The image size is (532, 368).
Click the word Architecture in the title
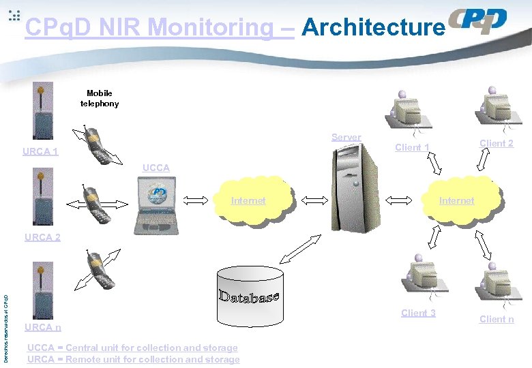click(x=372, y=27)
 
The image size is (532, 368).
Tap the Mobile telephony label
click(x=100, y=98)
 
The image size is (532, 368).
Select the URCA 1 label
click(x=40, y=151)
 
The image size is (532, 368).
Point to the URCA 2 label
click(x=42, y=237)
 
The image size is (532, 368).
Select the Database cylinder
click(x=250, y=297)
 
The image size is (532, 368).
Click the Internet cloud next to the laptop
click(x=250, y=200)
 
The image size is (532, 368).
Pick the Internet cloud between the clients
click(x=456, y=200)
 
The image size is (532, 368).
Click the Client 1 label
click(x=412, y=147)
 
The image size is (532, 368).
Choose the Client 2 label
click(x=497, y=143)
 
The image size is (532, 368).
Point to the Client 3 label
click(x=418, y=313)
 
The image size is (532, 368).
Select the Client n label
click(x=497, y=319)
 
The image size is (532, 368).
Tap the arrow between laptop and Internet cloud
click(x=197, y=200)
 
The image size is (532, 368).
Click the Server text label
click(x=346, y=137)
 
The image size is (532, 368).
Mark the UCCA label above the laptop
click(x=156, y=168)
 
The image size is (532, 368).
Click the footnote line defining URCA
click(x=133, y=359)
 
